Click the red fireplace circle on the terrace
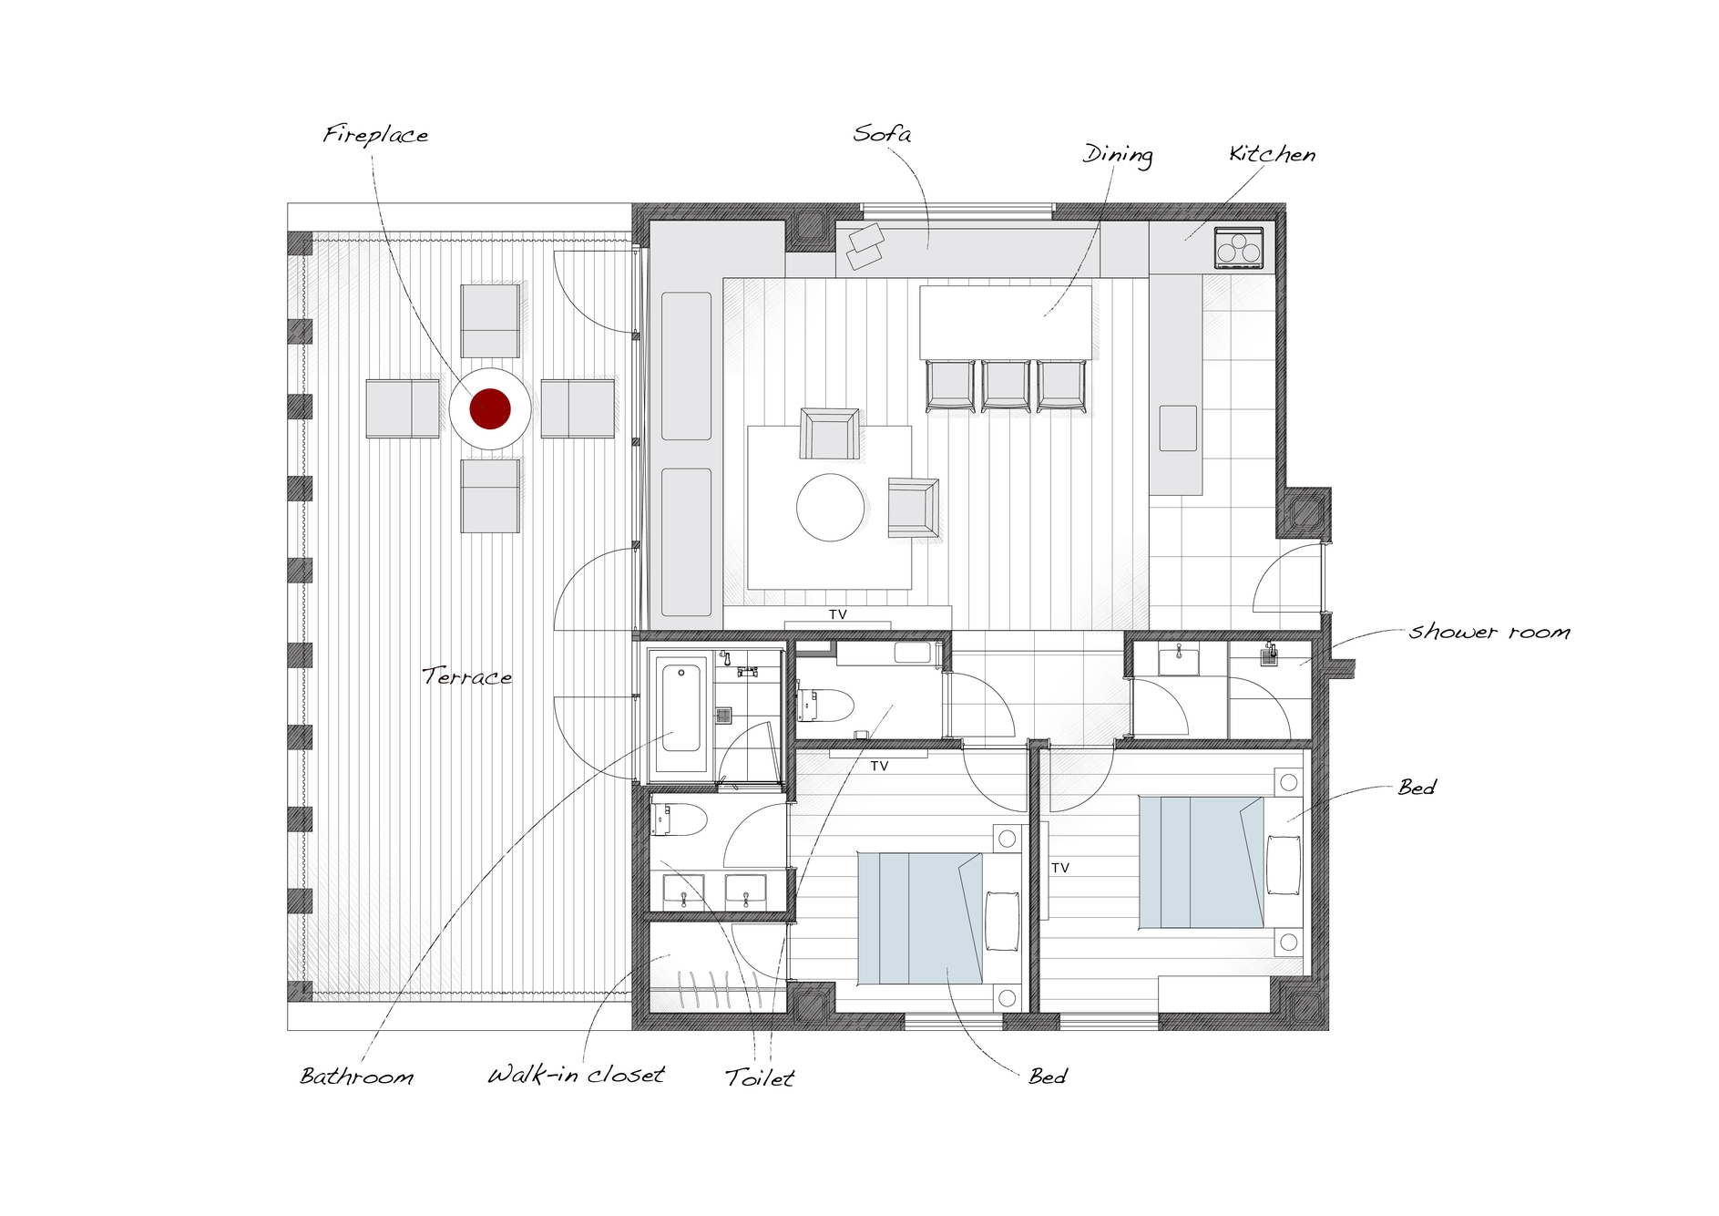[x=489, y=408]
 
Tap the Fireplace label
[x=375, y=135]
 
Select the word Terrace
[x=466, y=676]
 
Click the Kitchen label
[x=1272, y=154]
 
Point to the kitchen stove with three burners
[x=1238, y=248]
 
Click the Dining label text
[x=1118, y=155]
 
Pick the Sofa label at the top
[x=882, y=134]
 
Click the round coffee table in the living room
[x=830, y=508]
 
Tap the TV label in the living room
[x=838, y=615]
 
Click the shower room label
[x=1489, y=632]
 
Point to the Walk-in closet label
[x=576, y=1075]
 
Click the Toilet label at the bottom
[x=760, y=1078]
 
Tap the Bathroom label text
[x=357, y=1077]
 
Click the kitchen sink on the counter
[x=1178, y=428]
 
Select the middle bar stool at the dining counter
[x=1006, y=386]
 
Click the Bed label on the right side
[x=1417, y=788]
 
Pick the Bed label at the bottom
[x=1048, y=1077]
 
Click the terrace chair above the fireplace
[x=490, y=321]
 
